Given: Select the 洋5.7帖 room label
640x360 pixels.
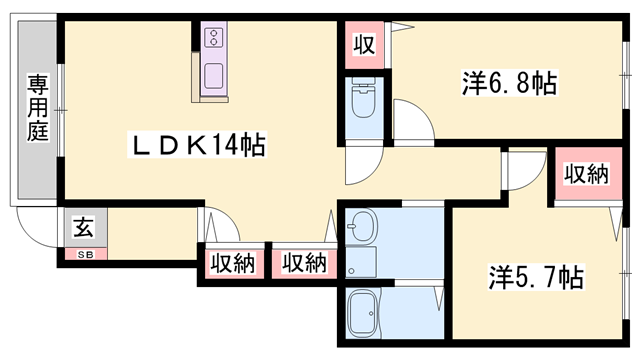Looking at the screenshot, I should tap(536, 273).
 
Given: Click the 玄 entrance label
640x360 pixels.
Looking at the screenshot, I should tap(84, 228).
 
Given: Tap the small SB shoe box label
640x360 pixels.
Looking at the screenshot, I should tap(83, 254).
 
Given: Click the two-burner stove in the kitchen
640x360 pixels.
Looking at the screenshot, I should tap(214, 39).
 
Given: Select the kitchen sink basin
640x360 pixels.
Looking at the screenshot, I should tap(214, 75).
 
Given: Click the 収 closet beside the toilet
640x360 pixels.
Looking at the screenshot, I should tap(363, 44).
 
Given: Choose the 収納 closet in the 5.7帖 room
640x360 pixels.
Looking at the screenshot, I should tap(585, 174).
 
